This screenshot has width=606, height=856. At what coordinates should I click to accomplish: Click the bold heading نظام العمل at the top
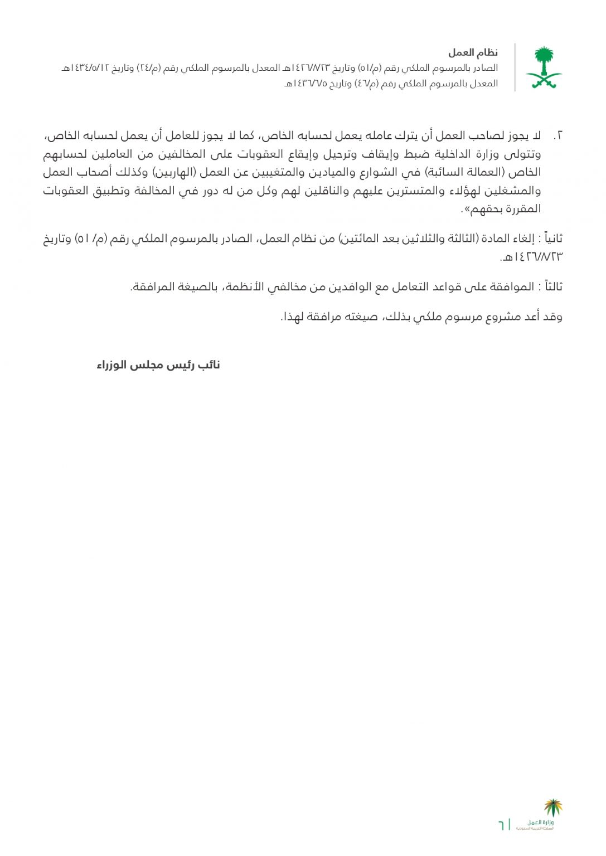(473, 53)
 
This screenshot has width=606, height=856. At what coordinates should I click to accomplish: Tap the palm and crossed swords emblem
(544, 67)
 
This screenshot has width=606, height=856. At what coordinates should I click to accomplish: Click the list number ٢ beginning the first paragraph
(559, 136)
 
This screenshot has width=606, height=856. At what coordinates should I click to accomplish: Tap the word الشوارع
(376, 172)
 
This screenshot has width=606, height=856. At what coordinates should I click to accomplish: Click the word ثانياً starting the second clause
(552, 239)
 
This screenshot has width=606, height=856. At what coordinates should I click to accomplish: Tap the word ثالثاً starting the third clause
(552, 286)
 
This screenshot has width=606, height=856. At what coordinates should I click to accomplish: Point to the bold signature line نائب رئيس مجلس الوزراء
(158, 365)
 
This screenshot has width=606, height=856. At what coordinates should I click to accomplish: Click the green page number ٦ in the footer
(501, 824)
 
